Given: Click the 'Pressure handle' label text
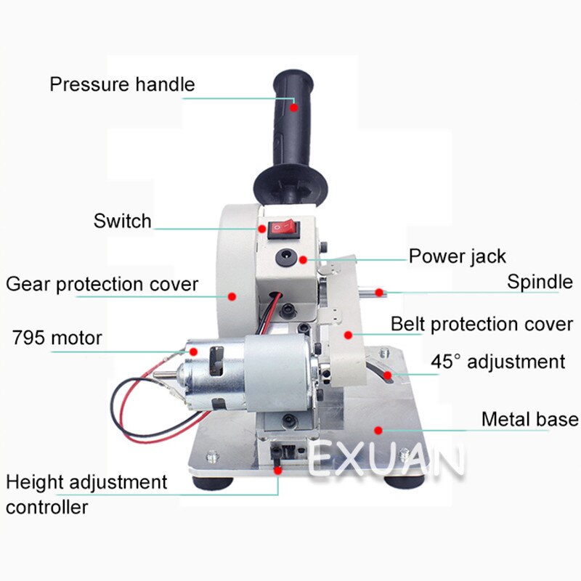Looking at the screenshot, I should (x=122, y=84).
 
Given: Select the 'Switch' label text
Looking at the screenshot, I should (x=122, y=221).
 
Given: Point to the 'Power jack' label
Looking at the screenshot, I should (x=457, y=256).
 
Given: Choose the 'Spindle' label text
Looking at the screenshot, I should (x=539, y=281).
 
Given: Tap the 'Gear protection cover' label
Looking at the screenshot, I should (x=102, y=284).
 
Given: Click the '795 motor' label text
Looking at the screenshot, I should (x=57, y=338).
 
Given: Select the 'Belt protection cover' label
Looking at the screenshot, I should (x=482, y=324).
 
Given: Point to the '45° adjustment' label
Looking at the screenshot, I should (x=497, y=361).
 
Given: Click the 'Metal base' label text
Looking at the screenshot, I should (x=529, y=419).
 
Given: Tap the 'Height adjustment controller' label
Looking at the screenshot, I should (x=86, y=494).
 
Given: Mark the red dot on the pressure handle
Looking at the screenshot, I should (x=294, y=107).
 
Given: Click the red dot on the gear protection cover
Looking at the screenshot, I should (x=232, y=296).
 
